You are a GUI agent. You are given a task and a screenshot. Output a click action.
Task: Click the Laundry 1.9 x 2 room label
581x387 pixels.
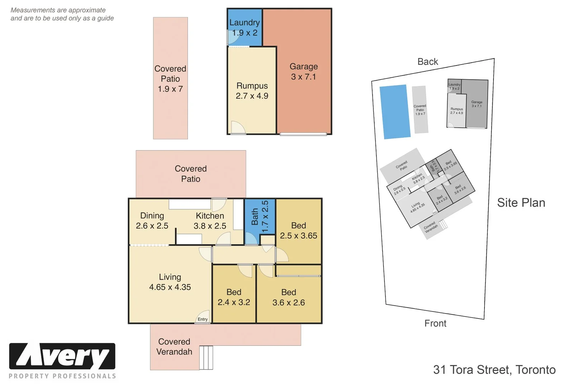[x=245, y=28]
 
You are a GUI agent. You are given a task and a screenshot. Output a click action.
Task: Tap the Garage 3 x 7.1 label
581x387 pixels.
[x=304, y=72]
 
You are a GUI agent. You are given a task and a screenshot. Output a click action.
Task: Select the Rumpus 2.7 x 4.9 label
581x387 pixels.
[x=252, y=91]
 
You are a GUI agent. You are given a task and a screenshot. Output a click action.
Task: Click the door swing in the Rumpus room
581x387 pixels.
[x=237, y=128]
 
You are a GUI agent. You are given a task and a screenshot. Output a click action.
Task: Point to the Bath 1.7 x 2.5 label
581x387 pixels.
[x=260, y=216]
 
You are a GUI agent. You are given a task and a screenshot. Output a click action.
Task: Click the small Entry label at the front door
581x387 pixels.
[x=203, y=319]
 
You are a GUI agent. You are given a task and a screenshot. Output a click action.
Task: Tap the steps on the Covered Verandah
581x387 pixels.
[x=206, y=357]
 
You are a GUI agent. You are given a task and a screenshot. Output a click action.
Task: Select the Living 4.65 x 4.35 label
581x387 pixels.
[x=170, y=282]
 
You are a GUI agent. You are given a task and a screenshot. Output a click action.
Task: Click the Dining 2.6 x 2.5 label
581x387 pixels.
[x=152, y=221]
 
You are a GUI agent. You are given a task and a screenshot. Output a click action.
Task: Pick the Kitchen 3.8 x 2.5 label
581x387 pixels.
[x=210, y=221]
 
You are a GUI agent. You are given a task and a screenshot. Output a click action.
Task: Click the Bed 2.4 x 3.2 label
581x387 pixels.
[x=234, y=297]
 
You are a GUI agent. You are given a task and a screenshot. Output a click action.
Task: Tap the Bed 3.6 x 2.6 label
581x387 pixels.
[x=289, y=297]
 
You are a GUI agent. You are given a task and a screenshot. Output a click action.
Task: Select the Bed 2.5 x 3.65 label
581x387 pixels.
[x=299, y=230]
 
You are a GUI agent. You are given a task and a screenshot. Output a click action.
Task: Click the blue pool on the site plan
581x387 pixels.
[x=395, y=111]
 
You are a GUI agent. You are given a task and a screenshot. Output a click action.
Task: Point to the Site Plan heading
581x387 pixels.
[x=521, y=203]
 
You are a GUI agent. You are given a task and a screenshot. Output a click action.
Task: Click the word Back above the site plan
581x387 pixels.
[x=428, y=62]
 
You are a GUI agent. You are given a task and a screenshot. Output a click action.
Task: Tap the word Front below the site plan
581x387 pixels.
[x=435, y=323]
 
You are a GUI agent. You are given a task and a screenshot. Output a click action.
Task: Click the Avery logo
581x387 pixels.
[x=62, y=357]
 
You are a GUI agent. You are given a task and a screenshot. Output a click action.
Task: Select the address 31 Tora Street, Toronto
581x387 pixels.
[x=494, y=370]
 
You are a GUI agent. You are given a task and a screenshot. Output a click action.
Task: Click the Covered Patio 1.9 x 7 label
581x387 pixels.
[x=170, y=79]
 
